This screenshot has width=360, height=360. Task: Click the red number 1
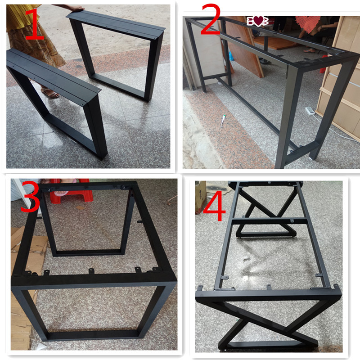tap(35, 24)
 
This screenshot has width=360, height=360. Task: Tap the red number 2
tap(211, 19)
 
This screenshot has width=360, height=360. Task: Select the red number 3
tap(30, 196)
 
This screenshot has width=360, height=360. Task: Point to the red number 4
tap(214, 206)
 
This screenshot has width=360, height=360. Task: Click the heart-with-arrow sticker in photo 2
tap(257, 21)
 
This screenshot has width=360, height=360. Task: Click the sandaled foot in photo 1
tap(50, 93)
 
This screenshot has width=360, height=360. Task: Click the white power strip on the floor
tap(310, 111)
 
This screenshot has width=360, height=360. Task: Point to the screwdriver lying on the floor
tap(222, 120)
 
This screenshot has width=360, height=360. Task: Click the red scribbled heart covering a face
tap(307, 23)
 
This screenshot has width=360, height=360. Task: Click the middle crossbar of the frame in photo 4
tap(270, 221)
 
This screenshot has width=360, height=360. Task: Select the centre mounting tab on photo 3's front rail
tap(91, 271)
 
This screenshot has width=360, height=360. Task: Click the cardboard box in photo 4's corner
tap(200, 197)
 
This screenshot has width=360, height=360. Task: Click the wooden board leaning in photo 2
tap(243, 46)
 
